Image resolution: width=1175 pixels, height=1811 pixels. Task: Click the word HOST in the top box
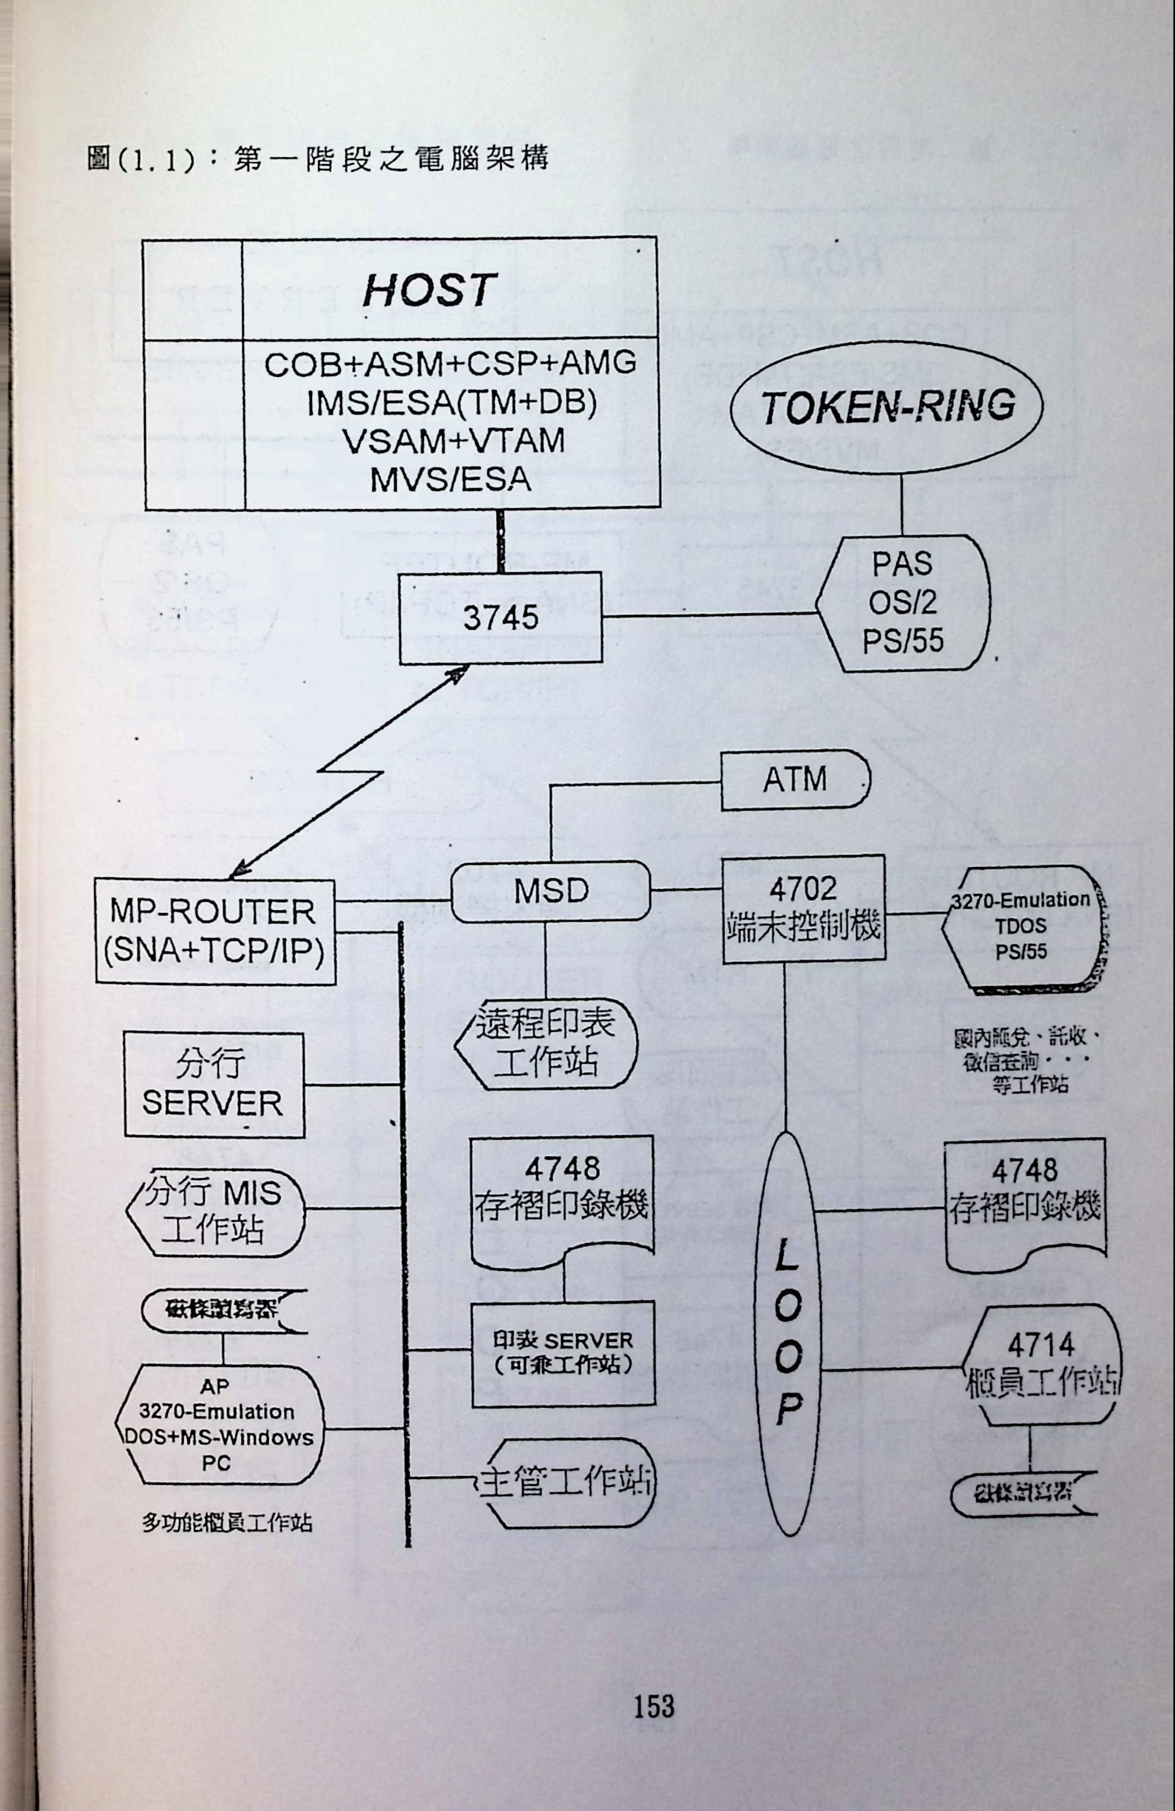pyautogui.click(x=430, y=290)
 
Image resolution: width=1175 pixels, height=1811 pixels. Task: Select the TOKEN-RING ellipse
pyautogui.click(x=887, y=406)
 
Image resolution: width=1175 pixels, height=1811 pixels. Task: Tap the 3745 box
pyautogui.click(x=501, y=618)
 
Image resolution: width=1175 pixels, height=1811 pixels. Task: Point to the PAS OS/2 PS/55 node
pyautogui.click(x=903, y=603)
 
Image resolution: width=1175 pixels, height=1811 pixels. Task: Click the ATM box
pyautogui.click(x=795, y=780)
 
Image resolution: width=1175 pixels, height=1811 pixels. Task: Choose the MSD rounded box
pyautogui.click(x=551, y=891)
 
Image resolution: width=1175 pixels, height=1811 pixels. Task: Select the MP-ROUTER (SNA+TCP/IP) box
pyautogui.click(x=215, y=932)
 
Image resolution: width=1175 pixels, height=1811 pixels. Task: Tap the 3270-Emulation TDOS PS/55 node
pyautogui.click(x=1022, y=926)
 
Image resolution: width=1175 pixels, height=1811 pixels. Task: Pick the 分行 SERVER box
pyautogui.click(x=214, y=1084)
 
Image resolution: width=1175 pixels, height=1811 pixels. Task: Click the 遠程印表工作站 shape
pyautogui.click(x=546, y=1043)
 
